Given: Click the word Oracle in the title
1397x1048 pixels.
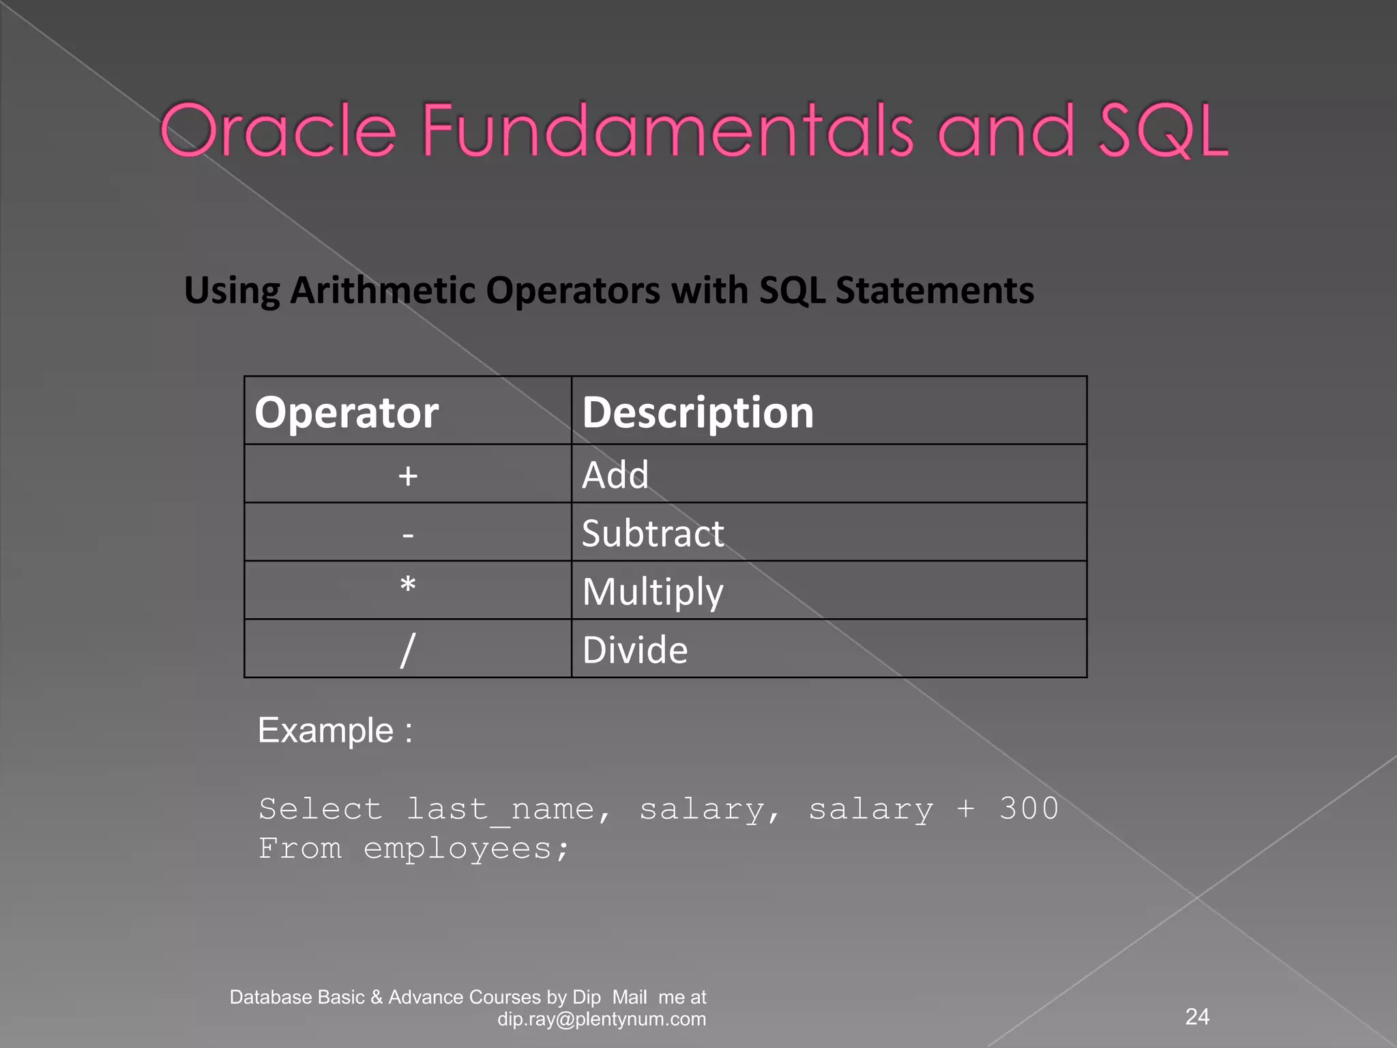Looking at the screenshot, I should (x=278, y=131).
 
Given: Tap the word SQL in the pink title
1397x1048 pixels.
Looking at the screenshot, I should (x=1162, y=131).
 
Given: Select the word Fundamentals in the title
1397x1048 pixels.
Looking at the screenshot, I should (x=667, y=131).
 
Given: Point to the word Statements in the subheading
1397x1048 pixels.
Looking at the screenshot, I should (x=935, y=291).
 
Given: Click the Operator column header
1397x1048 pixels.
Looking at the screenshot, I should (x=347, y=412).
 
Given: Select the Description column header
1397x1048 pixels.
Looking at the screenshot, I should (x=698, y=412).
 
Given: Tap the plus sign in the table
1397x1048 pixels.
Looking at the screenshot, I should (x=408, y=476).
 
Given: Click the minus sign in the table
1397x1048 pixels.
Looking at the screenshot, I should (x=408, y=534).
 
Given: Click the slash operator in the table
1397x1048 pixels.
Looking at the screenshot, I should (x=408, y=650).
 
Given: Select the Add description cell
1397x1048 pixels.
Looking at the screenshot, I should (x=615, y=475).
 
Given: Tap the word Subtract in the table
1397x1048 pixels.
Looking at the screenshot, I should (x=653, y=533).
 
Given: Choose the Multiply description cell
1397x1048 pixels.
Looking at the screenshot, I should (x=653, y=592).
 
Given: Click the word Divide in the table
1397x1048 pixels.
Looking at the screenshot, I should (x=635, y=650).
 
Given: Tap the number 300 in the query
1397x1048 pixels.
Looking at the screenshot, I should (x=1029, y=809).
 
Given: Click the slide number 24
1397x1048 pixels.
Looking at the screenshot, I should (x=1197, y=1017).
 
